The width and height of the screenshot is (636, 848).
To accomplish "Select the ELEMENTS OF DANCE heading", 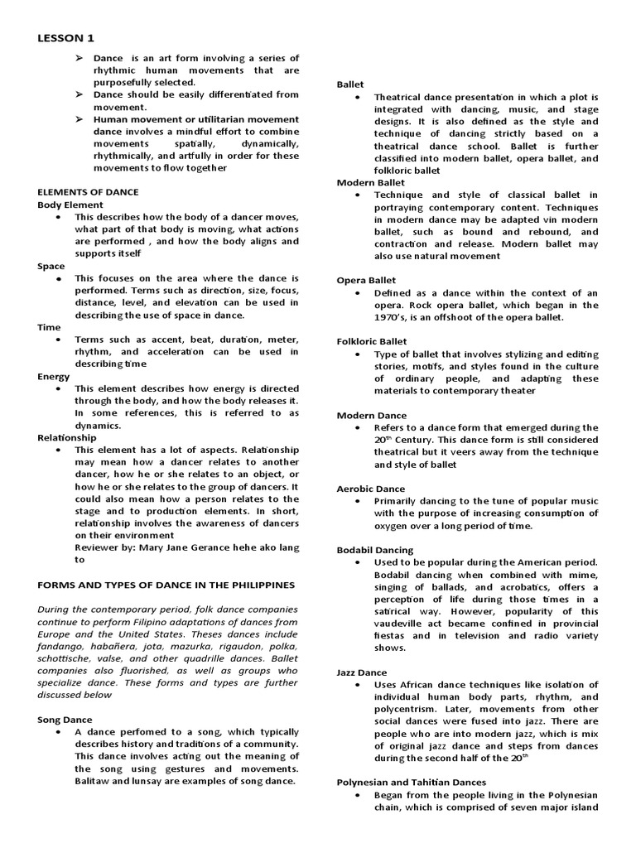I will tap(89, 191).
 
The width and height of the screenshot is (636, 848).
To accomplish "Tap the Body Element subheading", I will tap(70, 205).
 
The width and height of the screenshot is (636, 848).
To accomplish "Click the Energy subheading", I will tap(54, 376).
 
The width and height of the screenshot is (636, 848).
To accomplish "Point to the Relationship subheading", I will tap(67, 437).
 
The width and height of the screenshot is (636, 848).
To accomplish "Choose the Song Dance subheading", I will tap(65, 720).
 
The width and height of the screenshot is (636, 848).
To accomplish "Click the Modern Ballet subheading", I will tap(371, 182).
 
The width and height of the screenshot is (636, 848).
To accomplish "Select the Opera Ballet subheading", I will tap(366, 280).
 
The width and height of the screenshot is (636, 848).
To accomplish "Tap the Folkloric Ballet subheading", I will tap(372, 340).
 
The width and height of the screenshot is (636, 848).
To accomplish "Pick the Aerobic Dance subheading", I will tap(371, 489).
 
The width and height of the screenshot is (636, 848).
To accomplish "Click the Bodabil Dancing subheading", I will tap(375, 550).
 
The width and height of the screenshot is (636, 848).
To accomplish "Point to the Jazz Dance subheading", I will tap(362, 672).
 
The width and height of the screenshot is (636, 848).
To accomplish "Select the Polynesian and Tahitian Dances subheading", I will tap(412, 782).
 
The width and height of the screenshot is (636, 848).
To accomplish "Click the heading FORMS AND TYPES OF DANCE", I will tap(166, 584).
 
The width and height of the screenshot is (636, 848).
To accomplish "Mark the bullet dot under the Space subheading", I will tap(59, 279).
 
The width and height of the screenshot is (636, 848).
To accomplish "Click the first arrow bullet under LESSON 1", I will tap(79, 58).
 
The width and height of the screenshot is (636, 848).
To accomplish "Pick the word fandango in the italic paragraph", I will tap(59, 646).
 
